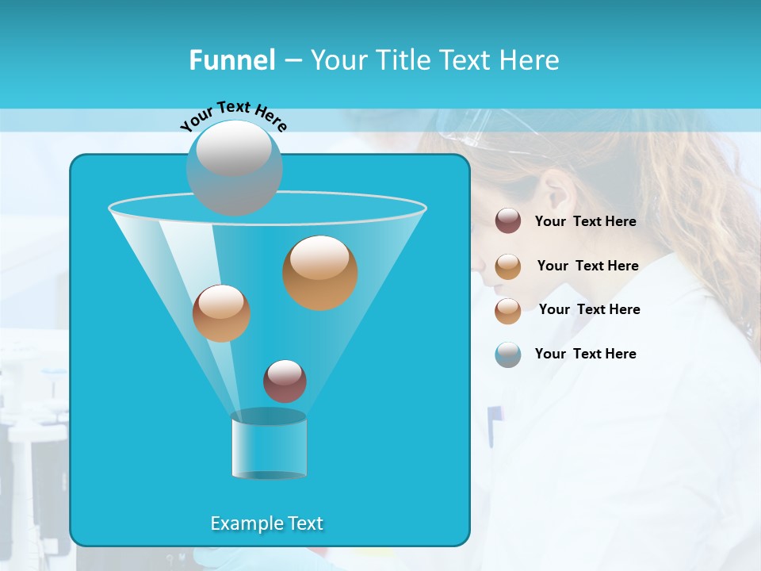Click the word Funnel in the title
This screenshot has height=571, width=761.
click(231, 60)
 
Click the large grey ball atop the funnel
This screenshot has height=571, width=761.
click(234, 167)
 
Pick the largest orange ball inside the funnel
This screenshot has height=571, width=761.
click(319, 272)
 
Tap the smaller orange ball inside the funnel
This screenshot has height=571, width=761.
click(221, 312)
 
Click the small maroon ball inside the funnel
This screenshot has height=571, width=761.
click(285, 381)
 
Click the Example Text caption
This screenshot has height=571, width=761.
click(267, 523)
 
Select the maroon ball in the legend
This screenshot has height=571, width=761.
click(508, 220)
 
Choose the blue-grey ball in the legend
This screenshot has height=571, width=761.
click(508, 354)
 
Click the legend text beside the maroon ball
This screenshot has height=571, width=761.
click(585, 221)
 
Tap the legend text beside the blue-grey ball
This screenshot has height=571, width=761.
click(585, 354)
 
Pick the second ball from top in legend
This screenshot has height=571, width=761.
click(508, 266)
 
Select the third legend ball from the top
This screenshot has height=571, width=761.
click(508, 310)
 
